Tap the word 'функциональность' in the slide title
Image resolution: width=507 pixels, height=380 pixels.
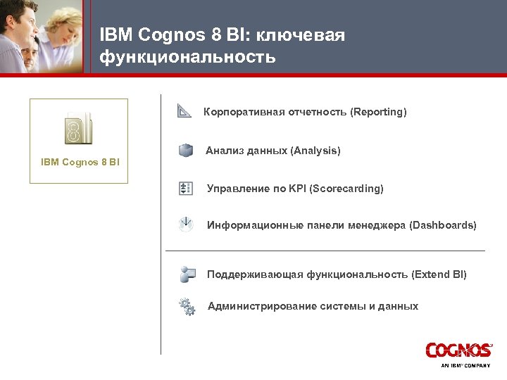[x=187, y=56]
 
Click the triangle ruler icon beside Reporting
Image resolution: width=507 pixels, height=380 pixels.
[x=184, y=111]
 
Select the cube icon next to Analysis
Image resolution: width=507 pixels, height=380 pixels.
[x=185, y=151]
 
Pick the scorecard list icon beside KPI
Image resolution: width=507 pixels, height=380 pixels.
[x=186, y=188]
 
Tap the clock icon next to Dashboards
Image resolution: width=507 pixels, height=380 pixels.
[x=186, y=225]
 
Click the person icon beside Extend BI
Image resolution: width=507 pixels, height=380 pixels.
[x=187, y=274]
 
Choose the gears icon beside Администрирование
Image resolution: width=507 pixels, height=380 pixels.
[x=187, y=306]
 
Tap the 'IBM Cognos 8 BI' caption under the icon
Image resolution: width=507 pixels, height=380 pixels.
[x=80, y=163]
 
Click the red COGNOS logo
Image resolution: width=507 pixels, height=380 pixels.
[x=458, y=350]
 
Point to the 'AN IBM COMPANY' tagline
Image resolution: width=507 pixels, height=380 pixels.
[x=465, y=366]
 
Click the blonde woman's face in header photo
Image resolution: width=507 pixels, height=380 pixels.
[x=57, y=25]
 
